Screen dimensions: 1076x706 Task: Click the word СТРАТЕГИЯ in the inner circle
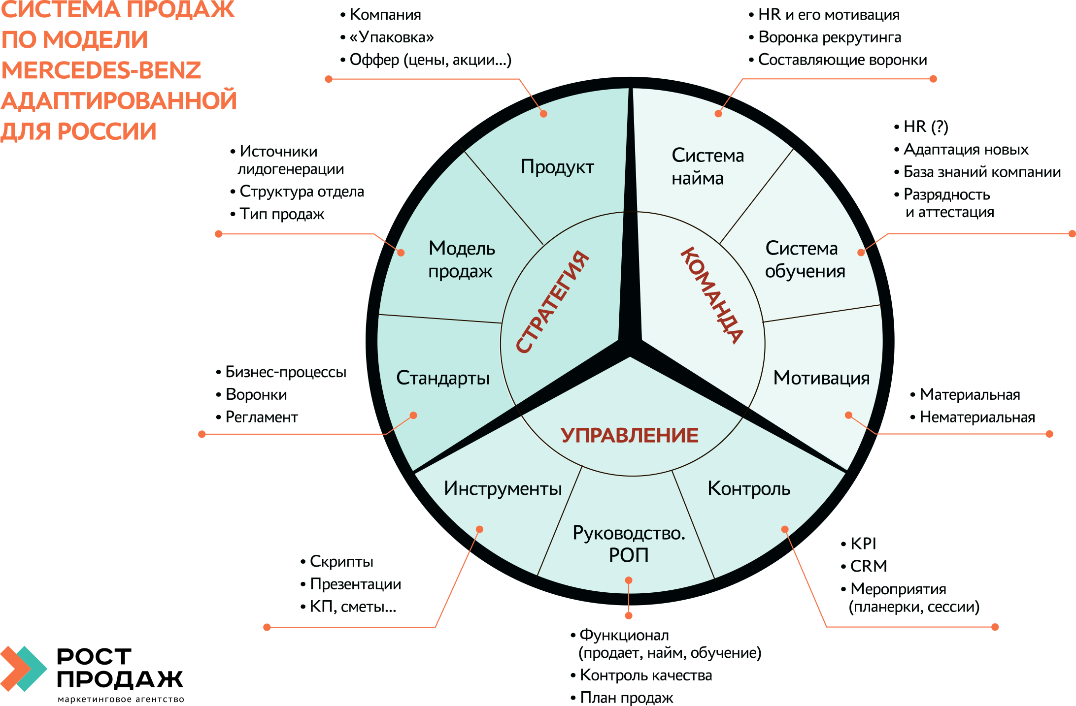(x=552, y=302)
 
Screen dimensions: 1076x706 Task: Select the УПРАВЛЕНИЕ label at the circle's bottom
(x=630, y=435)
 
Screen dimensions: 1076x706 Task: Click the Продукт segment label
(x=557, y=167)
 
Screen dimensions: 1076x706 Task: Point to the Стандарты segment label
(x=443, y=378)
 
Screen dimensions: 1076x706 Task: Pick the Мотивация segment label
(x=821, y=378)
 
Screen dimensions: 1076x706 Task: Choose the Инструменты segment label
(x=503, y=488)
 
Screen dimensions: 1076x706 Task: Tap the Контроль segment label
(x=749, y=488)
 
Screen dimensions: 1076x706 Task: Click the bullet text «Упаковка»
(x=392, y=37)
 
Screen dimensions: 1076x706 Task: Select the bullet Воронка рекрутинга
(x=830, y=37)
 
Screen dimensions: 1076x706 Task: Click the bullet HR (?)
(x=926, y=127)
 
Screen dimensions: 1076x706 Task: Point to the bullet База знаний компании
(x=982, y=172)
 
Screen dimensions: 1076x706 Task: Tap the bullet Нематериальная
(x=977, y=417)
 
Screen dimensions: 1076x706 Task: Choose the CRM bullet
(x=869, y=566)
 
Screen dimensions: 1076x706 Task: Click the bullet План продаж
(x=626, y=698)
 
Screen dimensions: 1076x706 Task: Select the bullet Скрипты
(x=341, y=562)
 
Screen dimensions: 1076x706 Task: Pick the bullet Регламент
(x=262, y=417)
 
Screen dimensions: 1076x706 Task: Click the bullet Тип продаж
(x=282, y=214)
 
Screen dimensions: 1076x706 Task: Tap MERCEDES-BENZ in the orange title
(x=101, y=70)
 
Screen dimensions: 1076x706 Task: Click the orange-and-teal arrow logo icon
(x=24, y=669)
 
